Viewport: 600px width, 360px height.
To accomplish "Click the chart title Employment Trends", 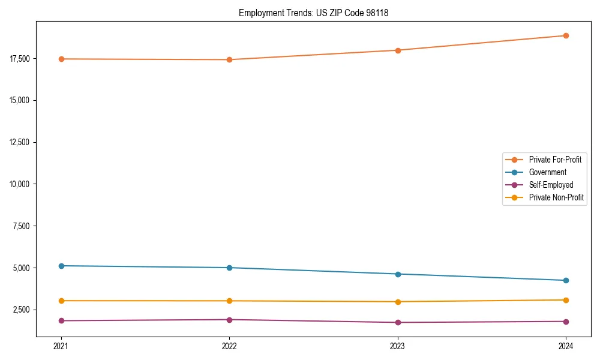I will pos(313,13).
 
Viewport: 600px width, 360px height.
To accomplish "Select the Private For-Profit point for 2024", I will pos(566,35).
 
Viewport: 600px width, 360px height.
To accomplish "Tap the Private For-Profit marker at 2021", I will pos(61,59).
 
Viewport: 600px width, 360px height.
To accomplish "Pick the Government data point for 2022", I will pos(229,268).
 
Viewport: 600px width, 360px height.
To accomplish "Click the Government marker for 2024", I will pos(566,280).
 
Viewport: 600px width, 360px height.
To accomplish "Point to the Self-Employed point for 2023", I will pos(398,322).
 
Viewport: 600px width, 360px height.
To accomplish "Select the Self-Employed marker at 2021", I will pos(61,320).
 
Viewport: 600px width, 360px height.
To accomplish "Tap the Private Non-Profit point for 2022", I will pos(229,301).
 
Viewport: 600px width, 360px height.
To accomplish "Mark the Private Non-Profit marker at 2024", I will pos(566,300).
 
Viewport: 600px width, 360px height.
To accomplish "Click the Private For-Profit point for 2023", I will pos(398,50).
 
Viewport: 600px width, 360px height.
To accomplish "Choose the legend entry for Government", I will pos(547,172).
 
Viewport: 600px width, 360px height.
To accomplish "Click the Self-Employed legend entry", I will pos(551,185).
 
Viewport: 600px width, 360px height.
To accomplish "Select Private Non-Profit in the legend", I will pos(556,197).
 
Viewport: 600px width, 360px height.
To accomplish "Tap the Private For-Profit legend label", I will pos(555,160).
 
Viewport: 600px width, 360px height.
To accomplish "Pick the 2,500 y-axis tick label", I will pos(23,310).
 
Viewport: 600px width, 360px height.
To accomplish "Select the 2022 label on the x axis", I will pos(229,346).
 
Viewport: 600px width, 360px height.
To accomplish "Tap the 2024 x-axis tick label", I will pos(566,346).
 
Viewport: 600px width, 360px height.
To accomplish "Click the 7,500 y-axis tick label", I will pos(23,226).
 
